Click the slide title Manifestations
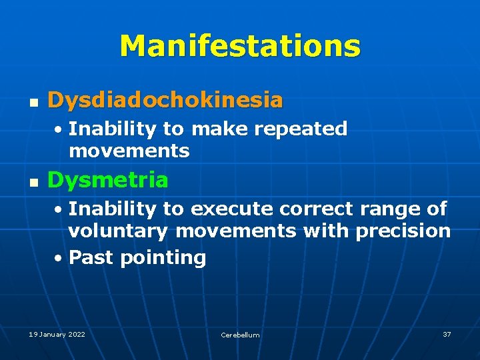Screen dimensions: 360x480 click(240, 46)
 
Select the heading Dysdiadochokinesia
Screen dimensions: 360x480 click(165, 101)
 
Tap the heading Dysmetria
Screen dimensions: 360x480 click(107, 180)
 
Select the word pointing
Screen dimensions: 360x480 click(163, 258)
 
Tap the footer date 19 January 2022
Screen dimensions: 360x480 click(57, 334)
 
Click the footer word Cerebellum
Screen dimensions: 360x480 click(240, 335)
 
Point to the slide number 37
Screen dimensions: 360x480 click(447, 334)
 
